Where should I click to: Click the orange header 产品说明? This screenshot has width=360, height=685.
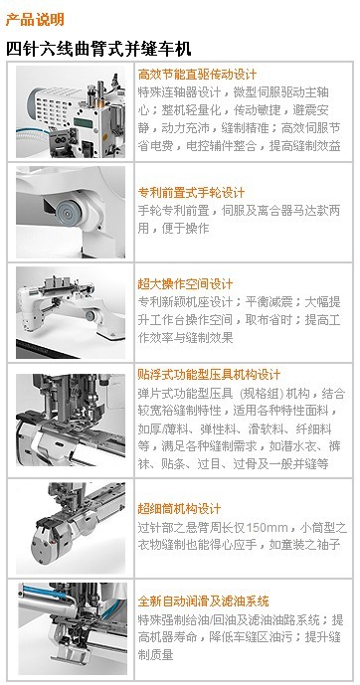point(35,19)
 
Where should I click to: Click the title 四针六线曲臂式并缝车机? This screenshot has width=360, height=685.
point(98,49)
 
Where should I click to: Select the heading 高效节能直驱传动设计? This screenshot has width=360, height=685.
point(197,75)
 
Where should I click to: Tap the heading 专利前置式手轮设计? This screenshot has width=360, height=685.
point(191,193)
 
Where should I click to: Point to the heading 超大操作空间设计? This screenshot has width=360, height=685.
point(185,284)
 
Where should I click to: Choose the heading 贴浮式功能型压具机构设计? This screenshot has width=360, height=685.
point(209,375)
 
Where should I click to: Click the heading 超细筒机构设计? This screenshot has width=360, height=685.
point(179,509)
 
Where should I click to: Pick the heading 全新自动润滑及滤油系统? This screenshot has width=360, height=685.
point(203,601)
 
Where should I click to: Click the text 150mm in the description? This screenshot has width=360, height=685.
point(266,528)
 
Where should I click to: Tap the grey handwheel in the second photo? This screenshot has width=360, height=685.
point(70,211)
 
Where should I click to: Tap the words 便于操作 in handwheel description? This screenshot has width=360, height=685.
point(186,229)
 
